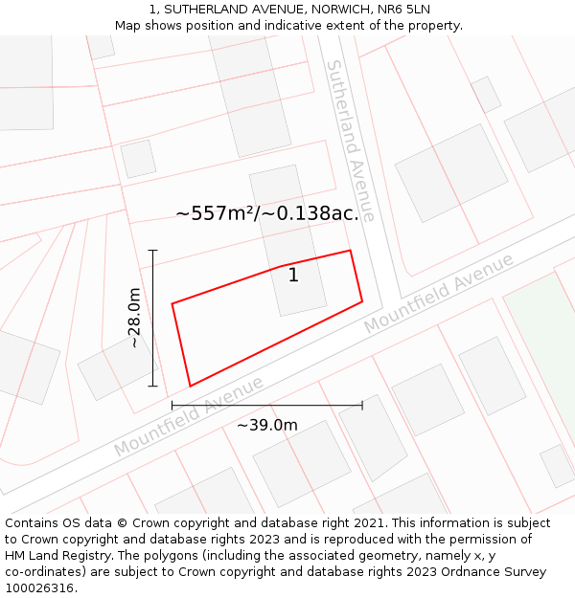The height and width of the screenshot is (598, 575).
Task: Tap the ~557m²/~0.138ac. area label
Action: [267, 213]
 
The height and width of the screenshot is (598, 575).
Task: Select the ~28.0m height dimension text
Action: [134, 318]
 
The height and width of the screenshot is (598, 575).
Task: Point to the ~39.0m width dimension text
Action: [267, 425]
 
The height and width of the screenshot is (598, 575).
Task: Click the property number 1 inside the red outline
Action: [293, 276]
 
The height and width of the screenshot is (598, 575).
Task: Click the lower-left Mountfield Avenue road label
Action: [189, 417]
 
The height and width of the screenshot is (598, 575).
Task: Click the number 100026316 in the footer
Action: [39, 588]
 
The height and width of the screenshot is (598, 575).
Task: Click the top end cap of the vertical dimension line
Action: [152, 250]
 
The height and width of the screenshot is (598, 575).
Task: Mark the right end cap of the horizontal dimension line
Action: [362, 406]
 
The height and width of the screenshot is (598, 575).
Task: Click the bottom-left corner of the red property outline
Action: [190, 387]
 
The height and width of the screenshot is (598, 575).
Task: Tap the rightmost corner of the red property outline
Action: [362, 301]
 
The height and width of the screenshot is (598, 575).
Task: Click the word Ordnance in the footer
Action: [462, 572]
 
